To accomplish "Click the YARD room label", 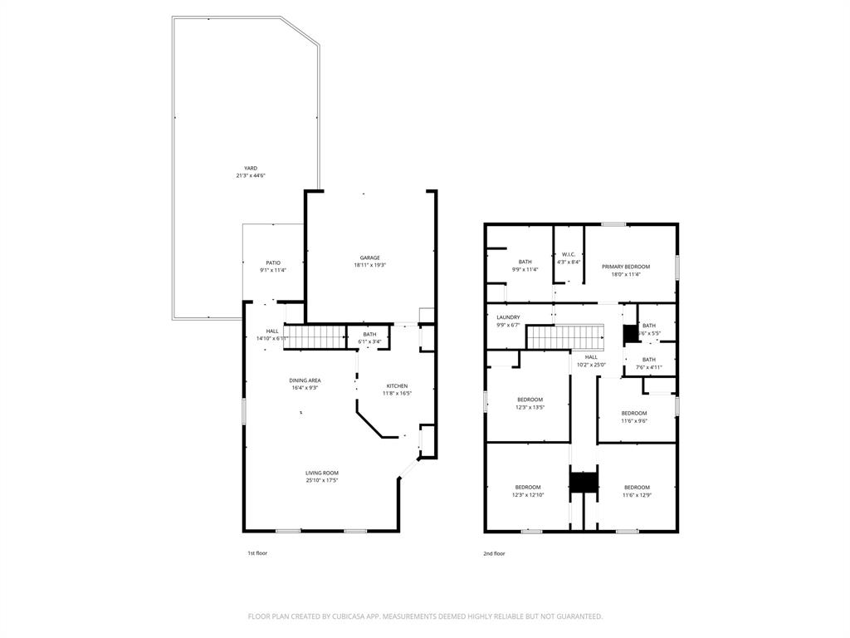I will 251,168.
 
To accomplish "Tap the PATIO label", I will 273,263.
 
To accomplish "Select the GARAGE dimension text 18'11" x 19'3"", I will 370,265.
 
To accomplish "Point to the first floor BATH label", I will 369,334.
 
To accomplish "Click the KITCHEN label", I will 397,386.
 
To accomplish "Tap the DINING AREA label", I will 305,380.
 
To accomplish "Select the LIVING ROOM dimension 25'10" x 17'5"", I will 321,480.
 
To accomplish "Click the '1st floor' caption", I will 257,553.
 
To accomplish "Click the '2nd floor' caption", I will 495,553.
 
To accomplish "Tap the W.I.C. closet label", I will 569,254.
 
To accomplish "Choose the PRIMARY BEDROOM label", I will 626,267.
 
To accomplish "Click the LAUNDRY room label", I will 508,317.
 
